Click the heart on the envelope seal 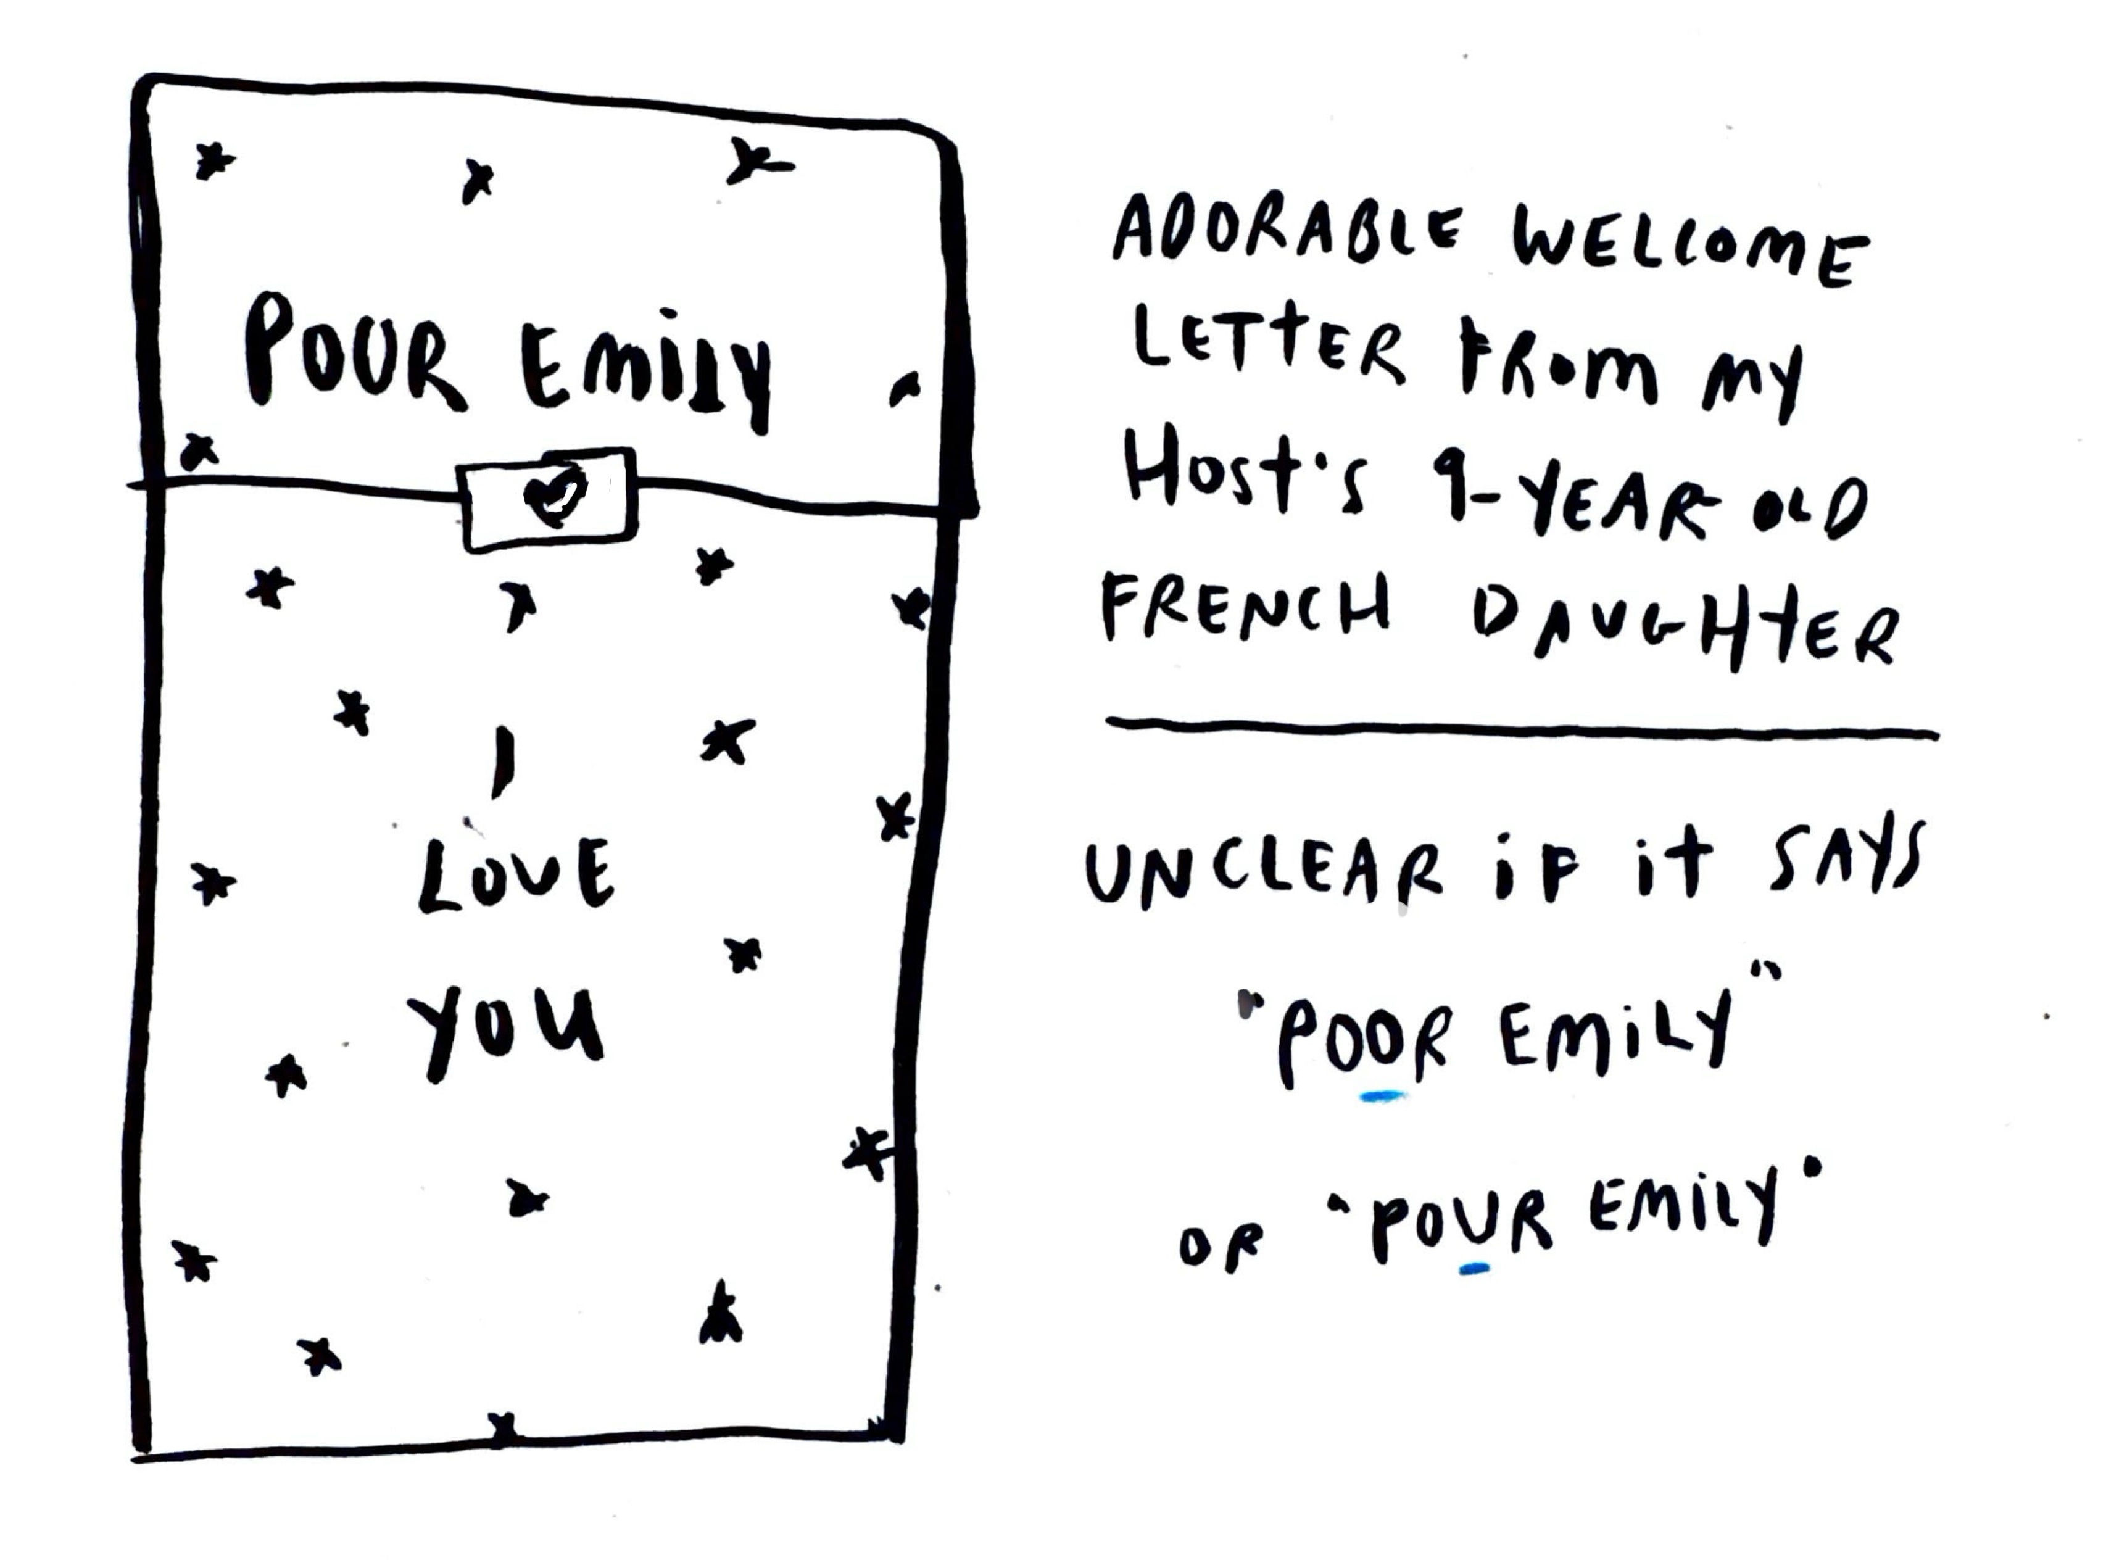tap(555, 496)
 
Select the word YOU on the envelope tap(506, 1032)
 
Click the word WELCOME tap(1690, 251)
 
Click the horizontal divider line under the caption tap(1520, 729)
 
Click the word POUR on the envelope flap tap(354, 354)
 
